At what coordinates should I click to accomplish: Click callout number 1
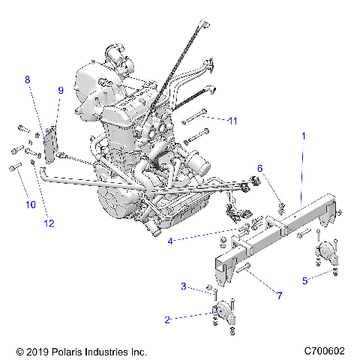coord(304,136)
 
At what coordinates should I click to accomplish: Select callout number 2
coord(166,319)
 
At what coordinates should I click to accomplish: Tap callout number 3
coord(182,286)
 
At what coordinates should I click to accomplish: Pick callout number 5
coord(304,280)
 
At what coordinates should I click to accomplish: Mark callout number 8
coord(28,79)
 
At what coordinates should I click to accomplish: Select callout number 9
coord(61,90)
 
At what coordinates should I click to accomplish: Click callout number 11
coord(232,120)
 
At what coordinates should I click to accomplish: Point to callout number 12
coord(49,221)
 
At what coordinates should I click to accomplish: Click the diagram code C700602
coord(324,351)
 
